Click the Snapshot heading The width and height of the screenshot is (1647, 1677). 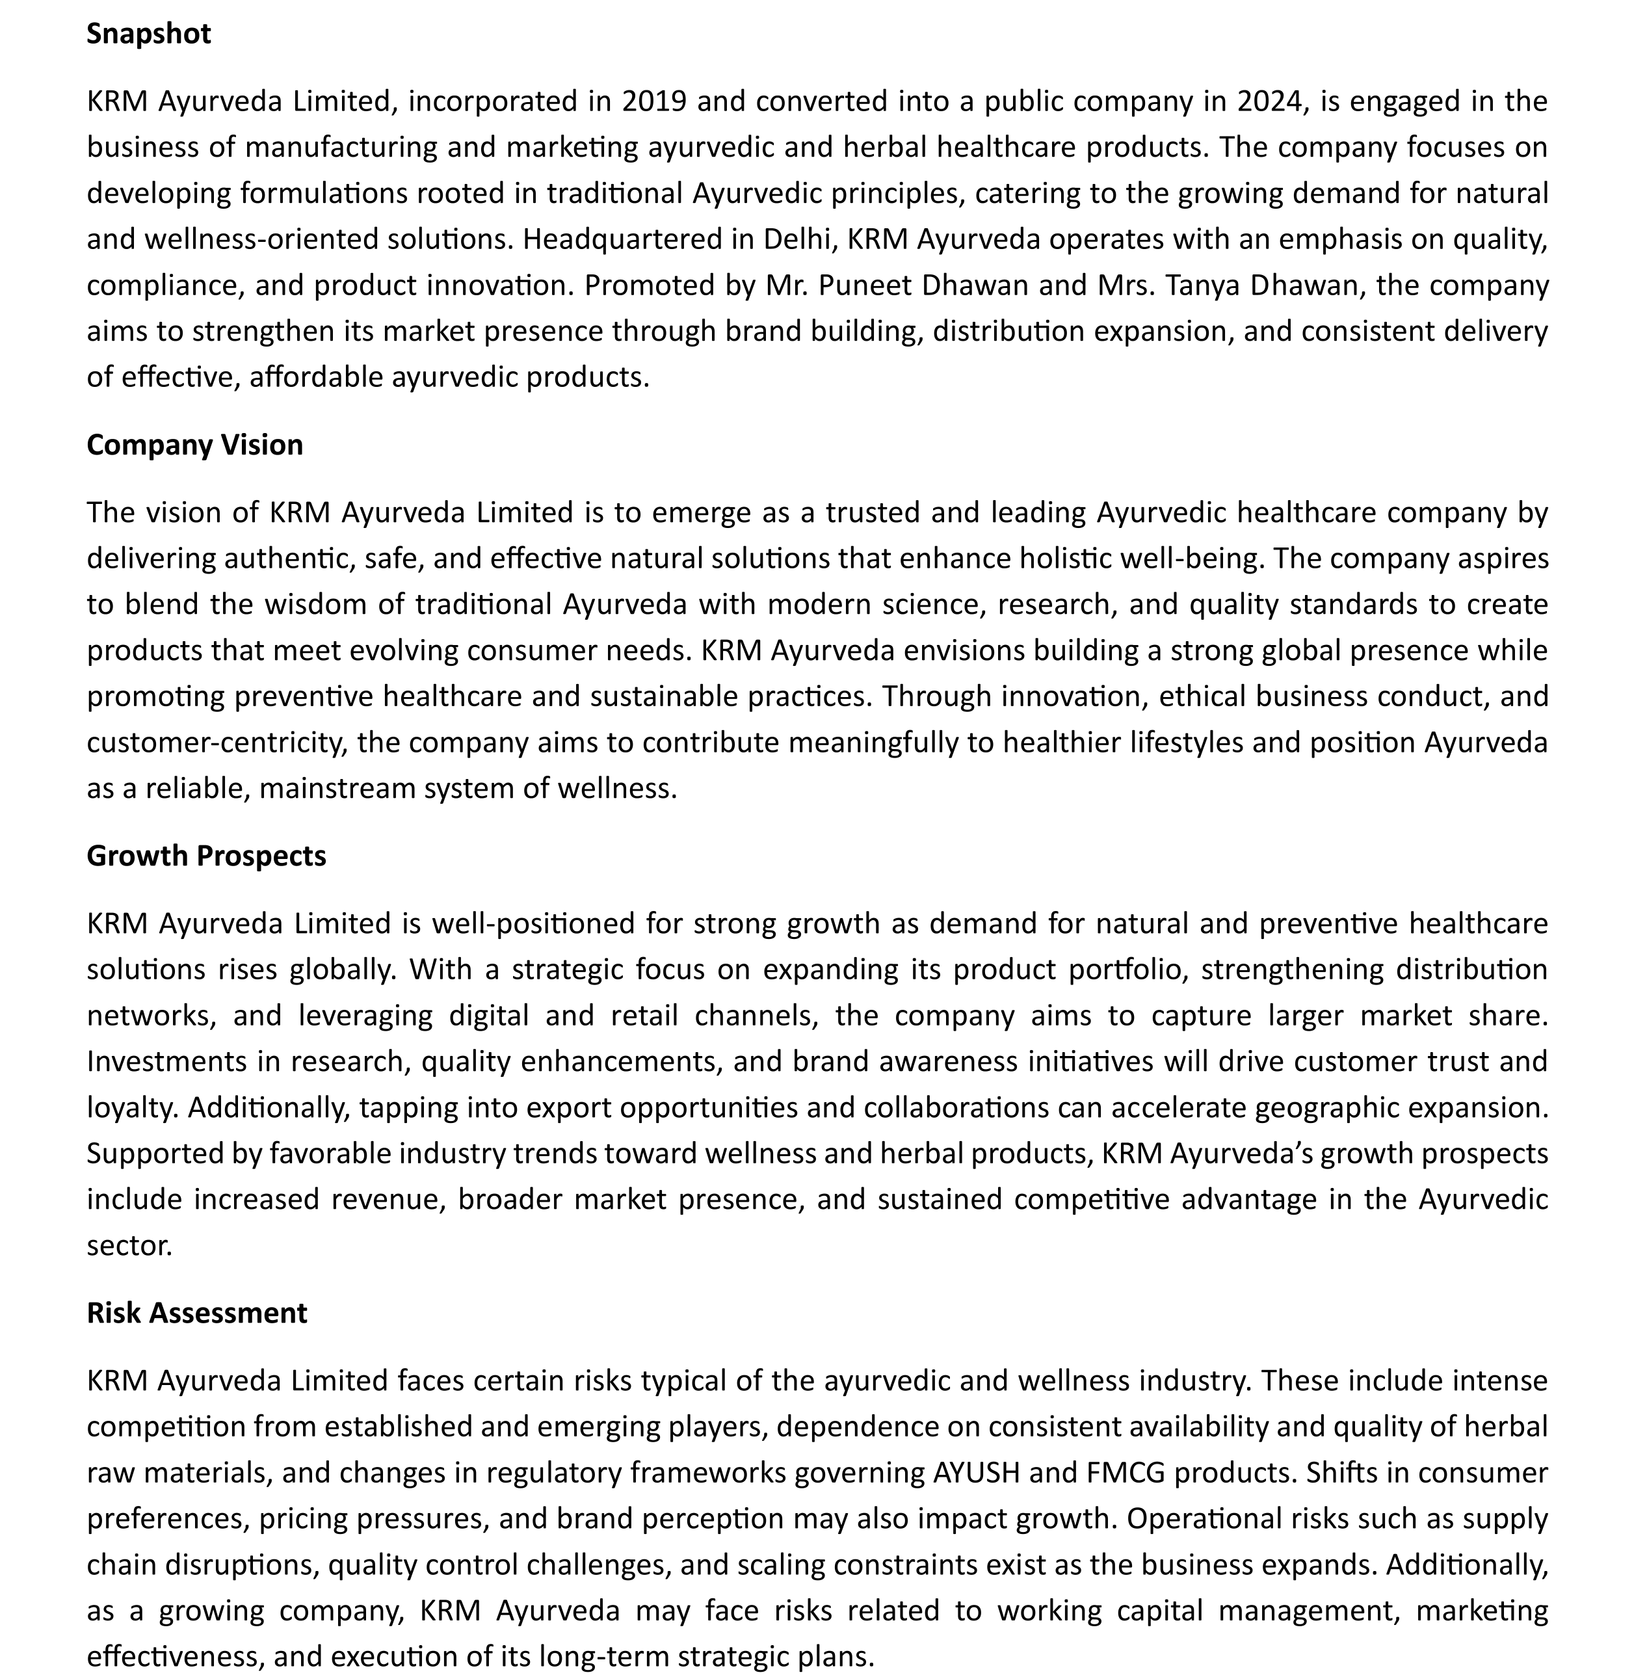[149, 34]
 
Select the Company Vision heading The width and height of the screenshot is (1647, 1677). [194, 445]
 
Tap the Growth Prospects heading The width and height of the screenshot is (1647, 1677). [206, 855]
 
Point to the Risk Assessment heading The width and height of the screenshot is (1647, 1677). [196, 1313]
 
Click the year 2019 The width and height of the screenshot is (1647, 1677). [654, 102]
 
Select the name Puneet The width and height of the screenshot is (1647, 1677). [864, 285]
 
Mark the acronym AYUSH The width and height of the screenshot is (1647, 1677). [977, 1473]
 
